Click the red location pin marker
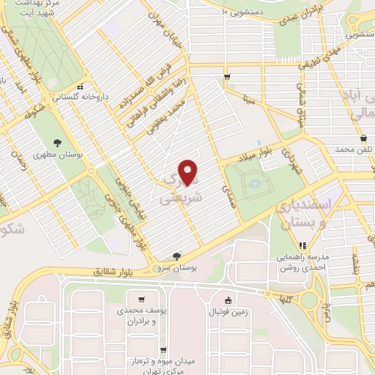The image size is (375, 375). point(189,173)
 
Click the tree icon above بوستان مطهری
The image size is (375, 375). point(57,142)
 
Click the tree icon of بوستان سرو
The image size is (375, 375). point(177,256)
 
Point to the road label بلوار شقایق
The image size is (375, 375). point(116,272)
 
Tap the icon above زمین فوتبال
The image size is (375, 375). point(228,300)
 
